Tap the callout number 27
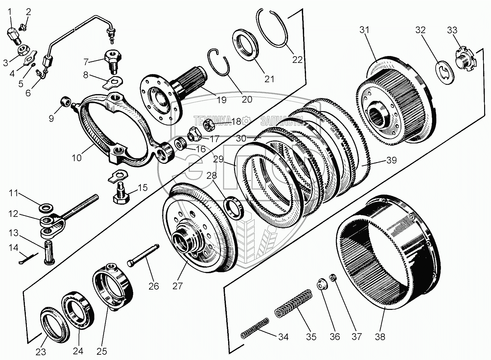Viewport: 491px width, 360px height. pyautogui.click(x=177, y=286)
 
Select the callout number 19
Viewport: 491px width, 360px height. pyautogui.click(x=221, y=100)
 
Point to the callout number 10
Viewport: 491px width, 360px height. pyautogui.click(x=77, y=158)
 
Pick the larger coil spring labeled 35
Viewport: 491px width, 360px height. pyautogui.click(x=293, y=304)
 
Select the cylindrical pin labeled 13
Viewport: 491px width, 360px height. pyautogui.click(x=49, y=252)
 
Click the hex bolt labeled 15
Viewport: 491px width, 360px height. pyautogui.click(x=121, y=193)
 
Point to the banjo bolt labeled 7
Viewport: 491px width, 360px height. pyautogui.click(x=113, y=60)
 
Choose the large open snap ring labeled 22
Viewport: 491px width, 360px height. pyautogui.click(x=271, y=30)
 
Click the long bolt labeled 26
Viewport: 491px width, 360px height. pyautogui.click(x=143, y=256)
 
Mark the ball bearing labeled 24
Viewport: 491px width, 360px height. pyautogui.click(x=78, y=310)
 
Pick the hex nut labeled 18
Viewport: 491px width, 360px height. pyautogui.click(x=208, y=125)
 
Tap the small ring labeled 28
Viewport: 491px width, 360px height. pyautogui.click(x=234, y=208)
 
